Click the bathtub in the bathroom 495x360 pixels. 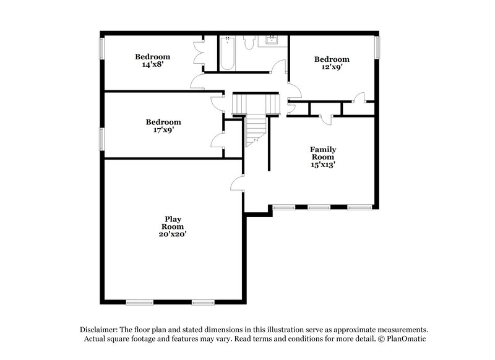coord(226,54)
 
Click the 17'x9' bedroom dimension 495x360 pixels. coord(163,130)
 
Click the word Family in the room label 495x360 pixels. coord(323,150)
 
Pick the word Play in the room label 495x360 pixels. coord(173,218)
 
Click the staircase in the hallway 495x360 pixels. coord(254,118)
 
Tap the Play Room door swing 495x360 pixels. coord(237,184)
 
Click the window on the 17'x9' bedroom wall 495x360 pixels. coord(101,139)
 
